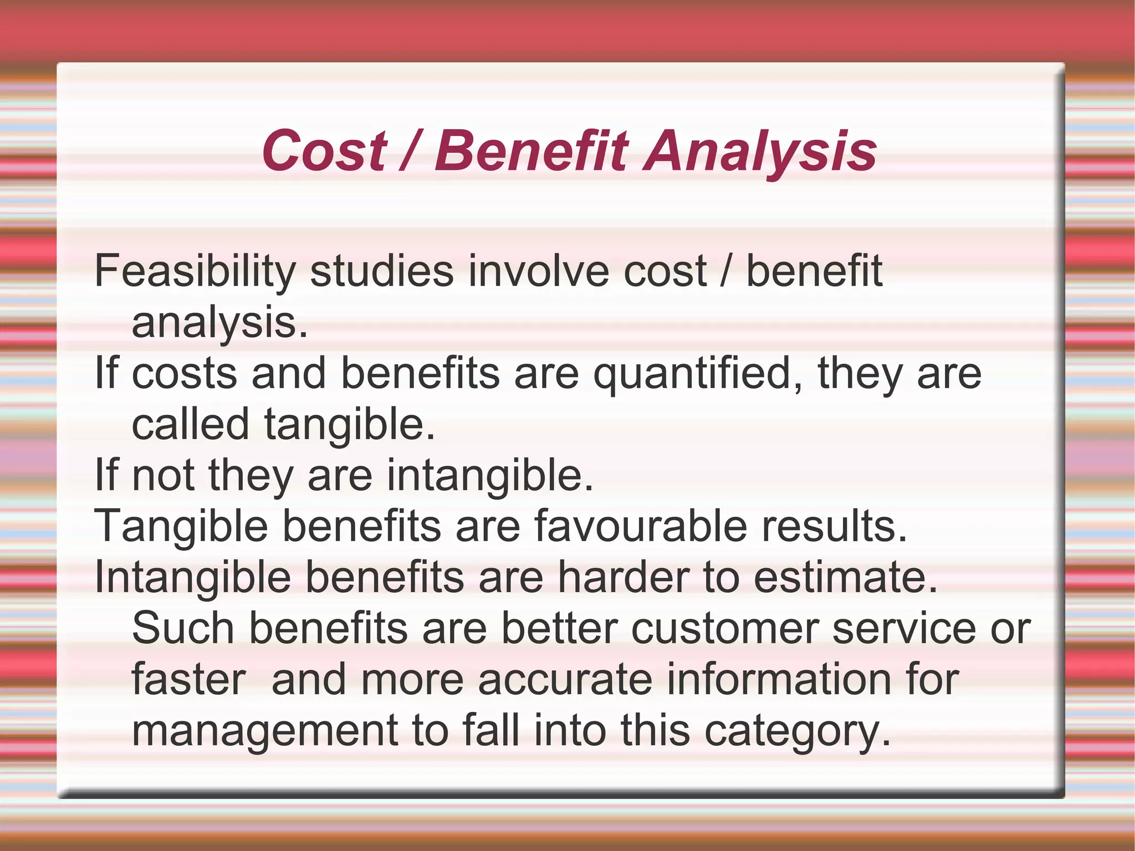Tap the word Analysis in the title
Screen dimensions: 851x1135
[760, 150]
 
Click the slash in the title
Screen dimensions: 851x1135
[410, 150]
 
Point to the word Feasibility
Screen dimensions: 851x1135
[195, 271]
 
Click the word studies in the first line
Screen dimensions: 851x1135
[381, 271]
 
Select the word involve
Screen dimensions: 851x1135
[538, 271]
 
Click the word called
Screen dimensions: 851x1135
[190, 424]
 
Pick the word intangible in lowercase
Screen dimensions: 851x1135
[489, 476]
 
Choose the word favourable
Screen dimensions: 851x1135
[640, 526]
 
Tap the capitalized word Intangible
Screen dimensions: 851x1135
[192, 577]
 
